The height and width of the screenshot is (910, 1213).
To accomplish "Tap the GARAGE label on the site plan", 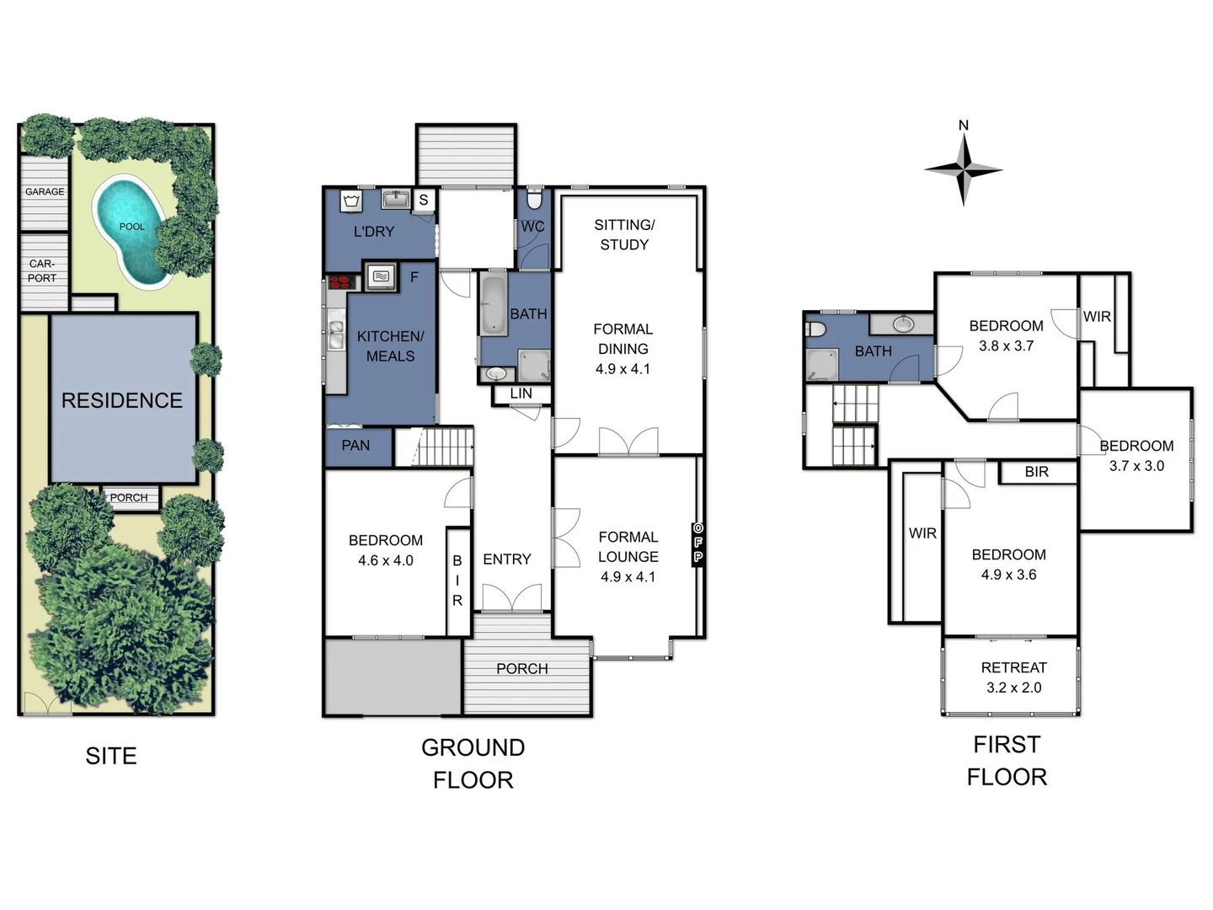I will pyautogui.click(x=45, y=191).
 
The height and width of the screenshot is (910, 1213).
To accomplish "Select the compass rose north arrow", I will pyautogui.click(x=964, y=169).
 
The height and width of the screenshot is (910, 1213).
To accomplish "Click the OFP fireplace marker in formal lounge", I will pyautogui.click(x=697, y=543).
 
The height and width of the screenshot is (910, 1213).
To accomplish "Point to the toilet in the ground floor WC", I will pyautogui.click(x=533, y=200).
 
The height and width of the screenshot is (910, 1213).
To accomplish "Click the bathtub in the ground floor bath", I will pyautogui.click(x=493, y=305).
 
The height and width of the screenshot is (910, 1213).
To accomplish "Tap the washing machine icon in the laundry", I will pyautogui.click(x=351, y=201).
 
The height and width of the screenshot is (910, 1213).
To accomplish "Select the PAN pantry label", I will pyautogui.click(x=355, y=445).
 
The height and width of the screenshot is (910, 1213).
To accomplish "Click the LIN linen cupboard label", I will pyautogui.click(x=521, y=393).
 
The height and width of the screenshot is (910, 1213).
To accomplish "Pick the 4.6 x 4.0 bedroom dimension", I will pyautogui.click(x=385, y=560).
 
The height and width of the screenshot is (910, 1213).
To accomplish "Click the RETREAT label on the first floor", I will pyautogui.click(x=1013, y=667).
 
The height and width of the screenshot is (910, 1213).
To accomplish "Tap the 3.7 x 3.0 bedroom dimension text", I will pyautogui.click(x=1136, y=466).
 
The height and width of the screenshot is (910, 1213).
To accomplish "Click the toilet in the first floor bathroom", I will pyautogui.click(x=815, y=328).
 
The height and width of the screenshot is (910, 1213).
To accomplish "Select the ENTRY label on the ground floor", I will pyautogui.click(x=507, y=559).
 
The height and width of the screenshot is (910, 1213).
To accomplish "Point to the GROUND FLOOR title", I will pyautogui.click(x=473, y=763).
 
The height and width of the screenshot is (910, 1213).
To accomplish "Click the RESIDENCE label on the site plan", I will pyautogui.click(x=122, y=400).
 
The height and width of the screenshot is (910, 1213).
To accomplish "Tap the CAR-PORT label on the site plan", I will pyautogui.click(x=42, y=270).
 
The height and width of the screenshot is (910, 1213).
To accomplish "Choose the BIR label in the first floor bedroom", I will pyautogui.click(x=1037, y=472).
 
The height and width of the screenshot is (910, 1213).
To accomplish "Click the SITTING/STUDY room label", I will pyautogui.click(x=624, y=234).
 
